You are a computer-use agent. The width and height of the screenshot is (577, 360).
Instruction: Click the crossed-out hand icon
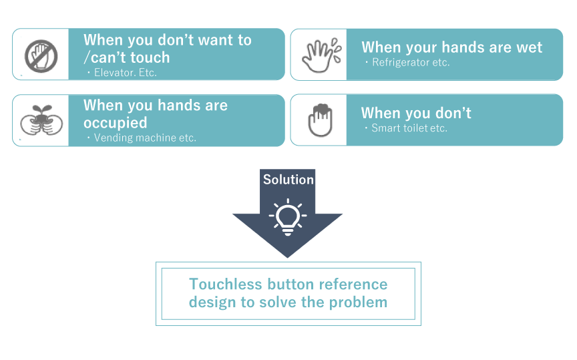pyautogui.click(x=41, y=56)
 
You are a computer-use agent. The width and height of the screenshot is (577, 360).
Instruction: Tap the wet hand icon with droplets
pyautogui.click(x=322, y=55)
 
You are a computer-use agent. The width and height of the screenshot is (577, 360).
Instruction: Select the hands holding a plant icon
pyautogui.click(x=41, y=120)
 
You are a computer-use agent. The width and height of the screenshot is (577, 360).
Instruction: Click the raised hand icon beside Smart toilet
pyautogui.click(x=320, y=120)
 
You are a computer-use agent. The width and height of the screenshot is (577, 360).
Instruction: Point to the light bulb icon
pyautogui.click(x=288, y=217)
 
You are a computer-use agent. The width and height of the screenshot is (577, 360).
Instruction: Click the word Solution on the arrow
pyautogui.click(x=288, y=180)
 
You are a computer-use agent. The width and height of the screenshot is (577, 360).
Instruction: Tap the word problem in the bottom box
pyautogui.click(x=358, y=303)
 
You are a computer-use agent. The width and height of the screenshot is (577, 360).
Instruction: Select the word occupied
pyautogui.click(x=115, y=124)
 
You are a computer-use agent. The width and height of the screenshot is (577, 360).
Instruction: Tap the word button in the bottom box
pyautogui.click(x=291, y=284)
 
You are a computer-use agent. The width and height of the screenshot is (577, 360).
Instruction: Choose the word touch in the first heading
pyautogui.click(x=150, y=57)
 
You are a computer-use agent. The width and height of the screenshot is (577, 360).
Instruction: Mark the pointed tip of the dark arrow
pyautogui.click(x=287, y=257)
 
